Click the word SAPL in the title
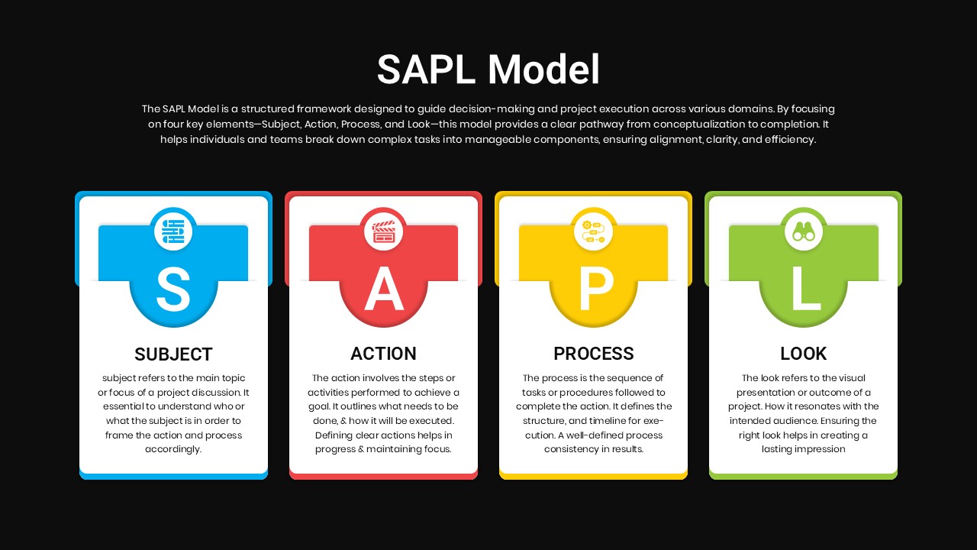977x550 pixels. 426,69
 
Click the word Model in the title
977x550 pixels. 543,69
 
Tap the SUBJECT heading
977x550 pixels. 173,354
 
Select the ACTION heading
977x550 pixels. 383,354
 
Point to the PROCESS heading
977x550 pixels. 594,354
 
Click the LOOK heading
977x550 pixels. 804,354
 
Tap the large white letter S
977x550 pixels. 173,290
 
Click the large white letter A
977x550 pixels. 384,289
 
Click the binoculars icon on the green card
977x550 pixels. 804,231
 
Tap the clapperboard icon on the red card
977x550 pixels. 383,231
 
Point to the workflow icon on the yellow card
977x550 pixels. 593,231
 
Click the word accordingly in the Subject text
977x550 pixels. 173,449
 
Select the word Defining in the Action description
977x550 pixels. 334,435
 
